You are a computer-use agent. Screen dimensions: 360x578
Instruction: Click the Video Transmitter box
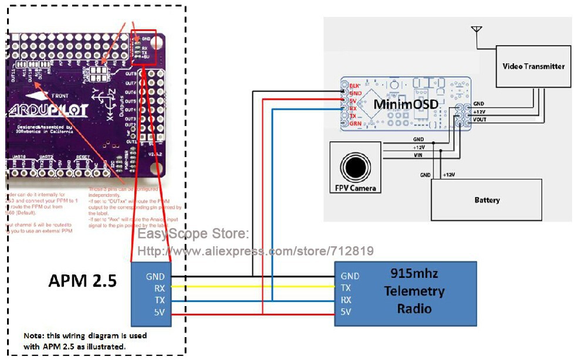[533, 66]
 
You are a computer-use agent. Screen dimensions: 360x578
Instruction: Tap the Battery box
[486, 200]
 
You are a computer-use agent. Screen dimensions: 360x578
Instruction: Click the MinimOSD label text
[404, 104]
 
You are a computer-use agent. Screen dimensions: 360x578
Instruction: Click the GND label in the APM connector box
[156, 276]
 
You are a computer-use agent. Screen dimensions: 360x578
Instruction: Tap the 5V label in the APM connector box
[158, 312]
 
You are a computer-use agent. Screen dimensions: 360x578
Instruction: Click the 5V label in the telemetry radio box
[346, 312]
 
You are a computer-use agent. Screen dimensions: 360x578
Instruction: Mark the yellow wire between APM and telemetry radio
[252, 288]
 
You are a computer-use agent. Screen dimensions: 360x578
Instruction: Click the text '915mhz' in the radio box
[414, 274]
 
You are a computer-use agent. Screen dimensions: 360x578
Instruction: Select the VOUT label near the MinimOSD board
[479, 120]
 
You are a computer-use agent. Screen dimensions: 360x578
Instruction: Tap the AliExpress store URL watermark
[255, 251]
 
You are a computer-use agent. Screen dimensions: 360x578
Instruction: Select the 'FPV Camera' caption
[355, 188]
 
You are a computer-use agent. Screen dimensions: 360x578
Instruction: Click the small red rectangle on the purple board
[144, 46]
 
